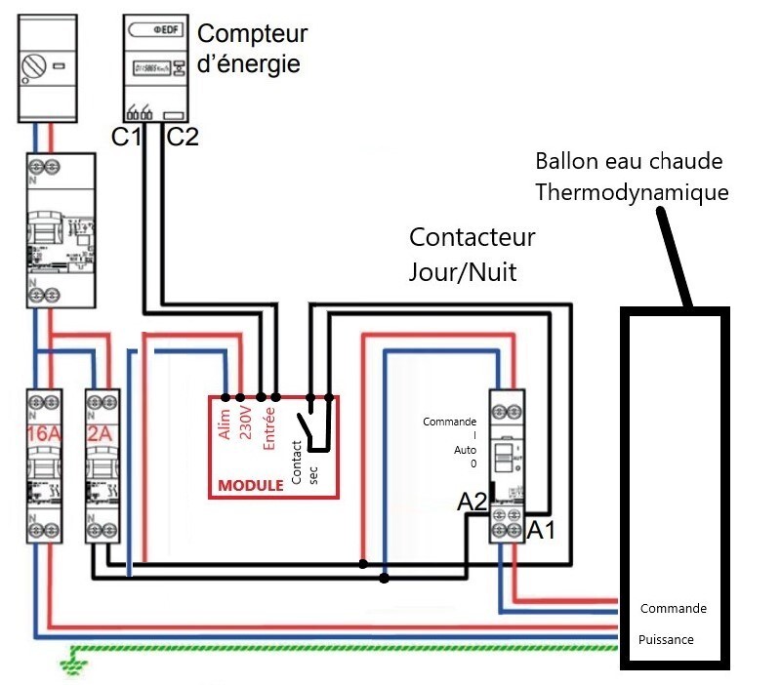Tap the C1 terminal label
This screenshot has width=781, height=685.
[x=126, y=138]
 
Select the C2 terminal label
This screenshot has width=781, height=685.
[x=182, y=138]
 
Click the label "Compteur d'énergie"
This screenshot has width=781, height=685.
[x=252, y=49]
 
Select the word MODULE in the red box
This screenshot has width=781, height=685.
[x=250, y=485]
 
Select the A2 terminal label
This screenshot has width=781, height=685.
[x=473, y=502]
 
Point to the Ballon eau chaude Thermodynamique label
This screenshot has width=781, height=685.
[x=633, y=177]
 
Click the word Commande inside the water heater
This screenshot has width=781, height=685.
[x=673, y=608]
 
